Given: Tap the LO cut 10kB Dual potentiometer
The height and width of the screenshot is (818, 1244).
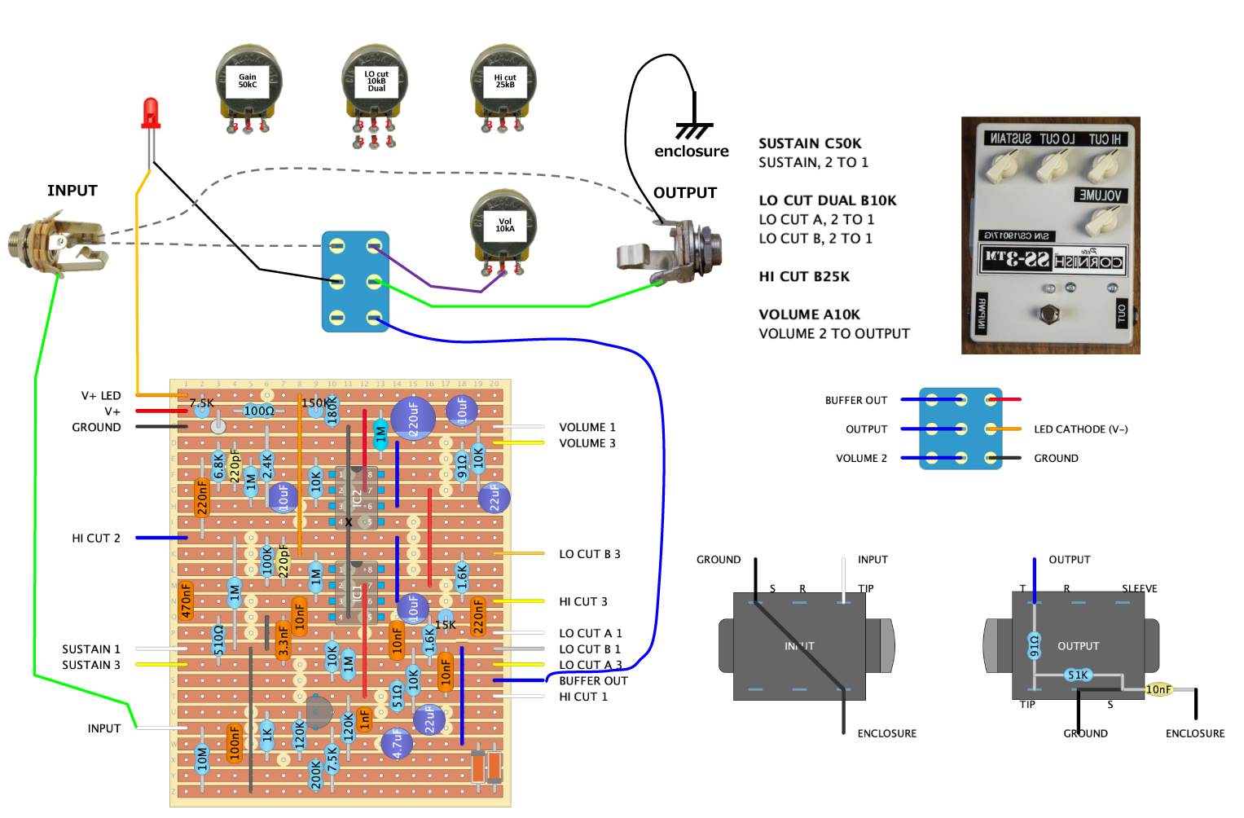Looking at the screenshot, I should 376,82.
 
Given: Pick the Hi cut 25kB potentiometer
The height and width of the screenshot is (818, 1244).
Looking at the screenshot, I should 504,82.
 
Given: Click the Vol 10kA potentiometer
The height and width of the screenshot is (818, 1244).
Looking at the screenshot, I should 504,226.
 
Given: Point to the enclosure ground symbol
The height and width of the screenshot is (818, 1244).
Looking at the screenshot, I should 693,130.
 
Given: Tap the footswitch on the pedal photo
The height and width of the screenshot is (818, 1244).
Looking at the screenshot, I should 1050,313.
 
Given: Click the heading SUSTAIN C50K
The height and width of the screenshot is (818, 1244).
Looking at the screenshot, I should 810,143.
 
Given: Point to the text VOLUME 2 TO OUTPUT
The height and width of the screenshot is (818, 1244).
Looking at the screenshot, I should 834,333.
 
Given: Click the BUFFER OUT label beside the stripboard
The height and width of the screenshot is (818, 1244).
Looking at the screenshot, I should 593,681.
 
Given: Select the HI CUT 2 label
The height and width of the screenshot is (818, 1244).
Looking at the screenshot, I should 96,539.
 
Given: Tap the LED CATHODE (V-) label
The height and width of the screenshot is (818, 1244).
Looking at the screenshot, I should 1080,429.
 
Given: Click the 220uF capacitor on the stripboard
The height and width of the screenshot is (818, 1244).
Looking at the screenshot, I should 413,419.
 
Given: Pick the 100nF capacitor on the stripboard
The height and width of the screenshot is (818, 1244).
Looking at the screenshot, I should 235,743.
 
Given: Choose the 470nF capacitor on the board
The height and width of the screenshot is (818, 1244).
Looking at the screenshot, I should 187,600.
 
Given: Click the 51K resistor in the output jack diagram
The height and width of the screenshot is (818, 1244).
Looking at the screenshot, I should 1078,675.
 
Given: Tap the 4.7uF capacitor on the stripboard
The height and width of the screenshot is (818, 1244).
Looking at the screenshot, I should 397,744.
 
